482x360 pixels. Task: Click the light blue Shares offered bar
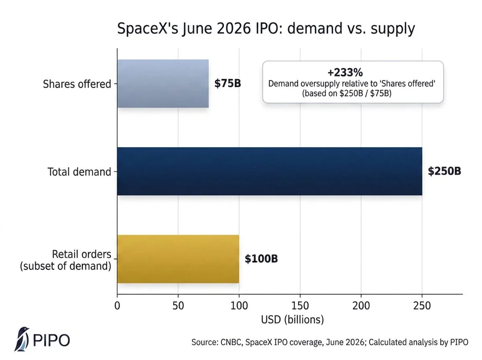163,84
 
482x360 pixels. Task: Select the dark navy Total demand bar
270,171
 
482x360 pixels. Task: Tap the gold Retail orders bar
178,259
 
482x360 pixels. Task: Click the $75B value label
227,84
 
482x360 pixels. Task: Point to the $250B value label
444,171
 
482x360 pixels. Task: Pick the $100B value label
261,259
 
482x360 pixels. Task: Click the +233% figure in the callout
345,72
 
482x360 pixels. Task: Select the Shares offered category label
77,84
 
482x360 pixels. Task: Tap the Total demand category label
79,172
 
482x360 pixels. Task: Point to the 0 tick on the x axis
117,305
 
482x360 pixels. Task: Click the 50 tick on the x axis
178,305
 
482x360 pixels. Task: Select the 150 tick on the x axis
300,305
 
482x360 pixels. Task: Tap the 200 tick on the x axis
361,305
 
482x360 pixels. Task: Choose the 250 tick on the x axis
422,305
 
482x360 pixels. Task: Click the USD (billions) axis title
292,319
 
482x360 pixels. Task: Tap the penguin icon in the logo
22,339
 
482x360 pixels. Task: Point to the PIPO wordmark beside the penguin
51,340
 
